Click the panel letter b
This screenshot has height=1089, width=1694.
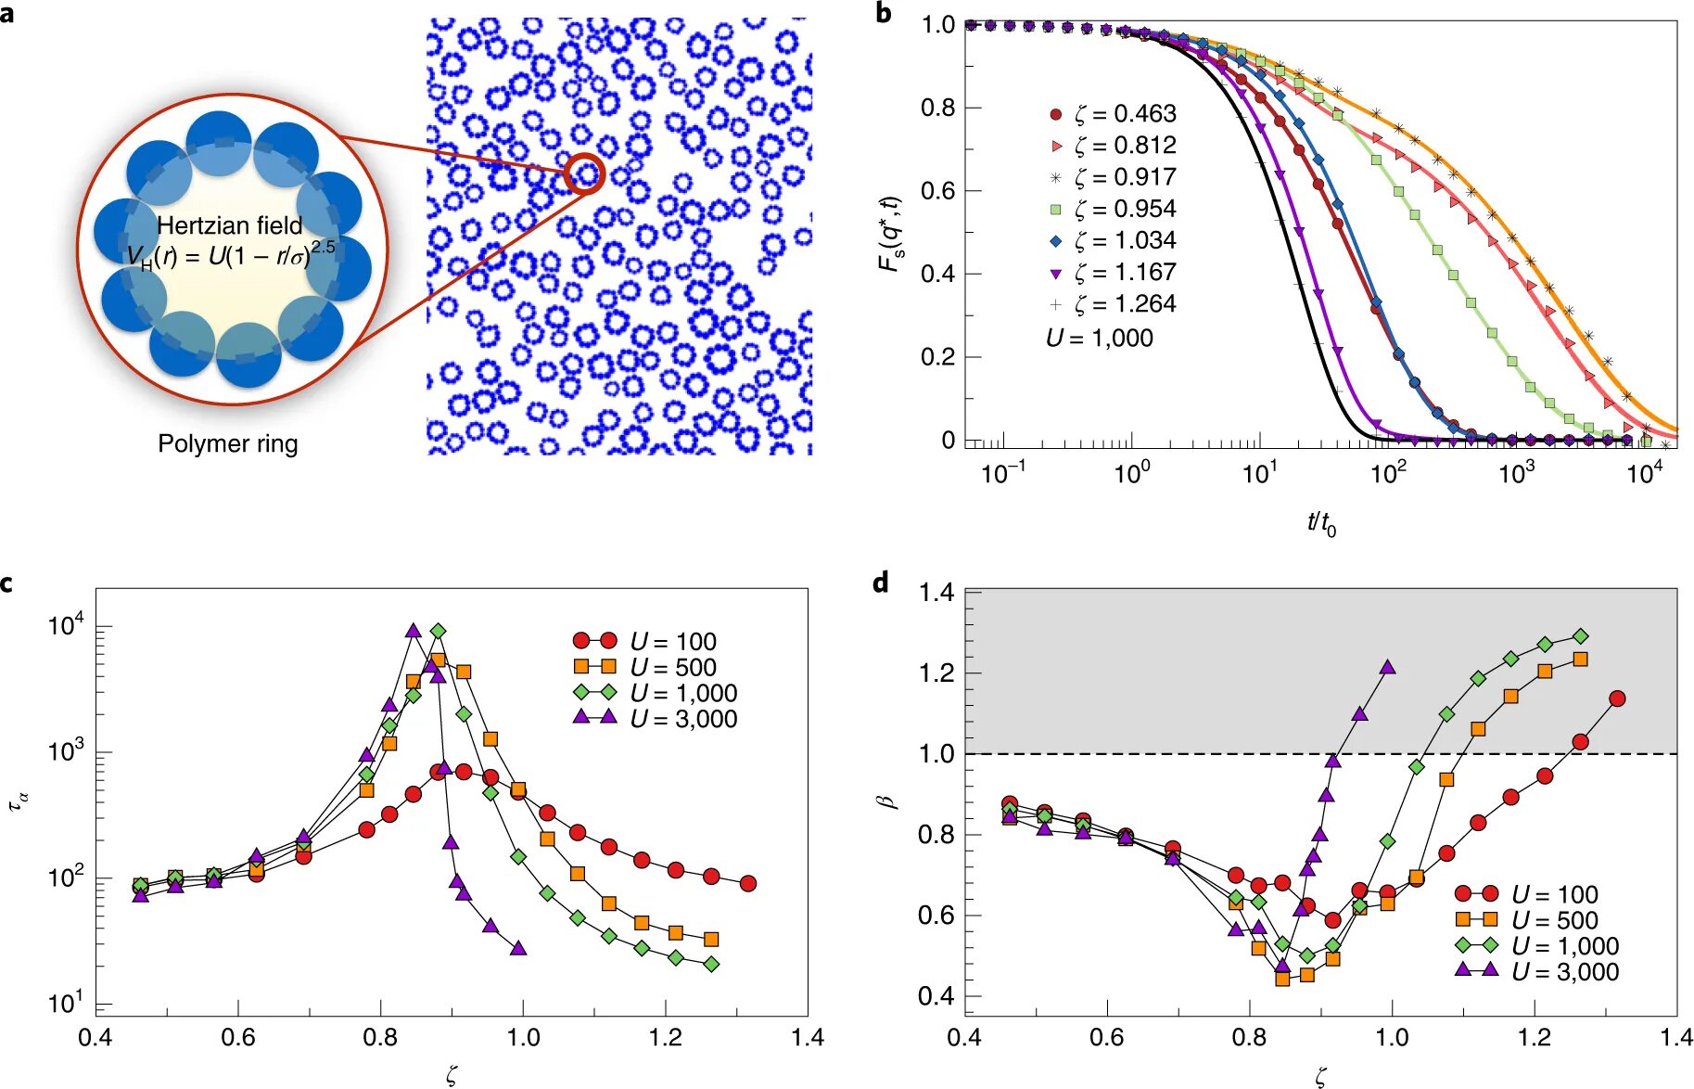pyautogui.click(x=884, y=13)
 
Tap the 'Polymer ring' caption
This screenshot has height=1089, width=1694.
pyautogui.click(x=227, y=444)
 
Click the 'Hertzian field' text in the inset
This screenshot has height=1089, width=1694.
pyautogui.click(x=229, y=225)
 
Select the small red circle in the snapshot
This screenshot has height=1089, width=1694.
pyautogui.click(x=585, y=173)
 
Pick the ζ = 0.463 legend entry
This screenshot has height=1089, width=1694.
pyautogui.click(x=1113, y=114)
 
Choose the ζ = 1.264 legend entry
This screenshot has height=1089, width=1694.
pyautogui.click(x=1113, y=304)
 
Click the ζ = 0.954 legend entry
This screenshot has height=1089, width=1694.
pyautogui.click(x=1113, y=209)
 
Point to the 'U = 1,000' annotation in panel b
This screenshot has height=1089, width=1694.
pyautogui.click(x=1100, y=339)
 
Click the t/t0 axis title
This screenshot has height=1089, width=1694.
pyautogui.click(x=1321, y=524)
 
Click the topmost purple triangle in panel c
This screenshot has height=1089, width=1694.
pyautogui.click(x=414, y=631)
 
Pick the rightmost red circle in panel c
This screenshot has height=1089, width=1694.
pyautogui.click(x=748, y=883)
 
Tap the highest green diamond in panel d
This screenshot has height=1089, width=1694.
pyautogui.click(x=1581, y=636)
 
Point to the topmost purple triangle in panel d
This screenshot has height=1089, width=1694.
pyautogui.click(x=1387, y=667)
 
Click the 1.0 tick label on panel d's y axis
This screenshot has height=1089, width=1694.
pyautogui.click(x=936, y=753)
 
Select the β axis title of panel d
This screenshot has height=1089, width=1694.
pyautogui.click(x=891, y=798)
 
